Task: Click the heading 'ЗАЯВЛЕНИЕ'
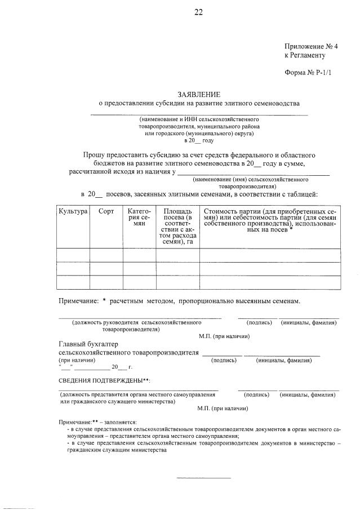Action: point(199,94)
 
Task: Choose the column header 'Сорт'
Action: point(106,211)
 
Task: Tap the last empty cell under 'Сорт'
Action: point(106,282)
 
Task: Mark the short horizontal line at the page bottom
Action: point(203,478)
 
